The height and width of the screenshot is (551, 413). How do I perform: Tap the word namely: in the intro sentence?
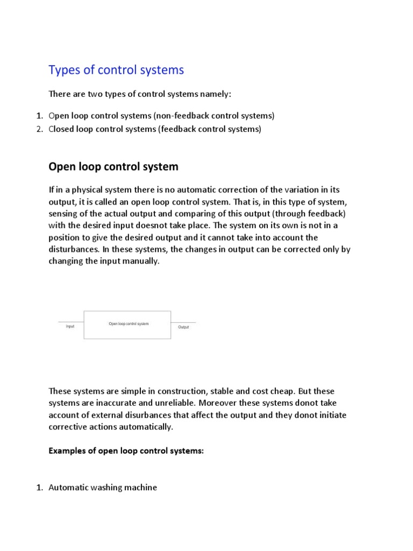pyautogui.click(x=215, y=94)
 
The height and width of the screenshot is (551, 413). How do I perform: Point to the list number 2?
pyautogui.click(x=39, y=129)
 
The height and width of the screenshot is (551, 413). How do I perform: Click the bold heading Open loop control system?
pyautogui.click(x=113, y=167)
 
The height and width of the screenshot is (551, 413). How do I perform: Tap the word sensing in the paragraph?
pyautogui.click(x=64, y=214)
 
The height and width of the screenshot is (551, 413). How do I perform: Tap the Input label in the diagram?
pyautogui.click(x=70, y=327)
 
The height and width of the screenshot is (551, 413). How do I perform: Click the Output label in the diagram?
pyautogui.click(x=183, y=327)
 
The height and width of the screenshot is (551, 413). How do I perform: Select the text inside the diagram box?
pyautogui.click(x=129, y=324)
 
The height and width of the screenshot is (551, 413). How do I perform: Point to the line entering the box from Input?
pyautogui.click(x=70, y=322)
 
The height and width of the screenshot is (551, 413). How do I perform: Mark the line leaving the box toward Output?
pyautogui.click(x=184, y=322)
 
